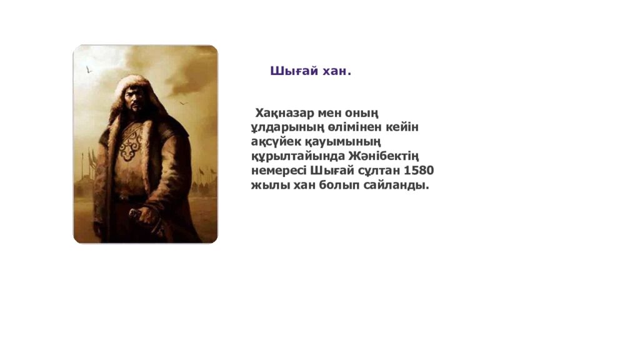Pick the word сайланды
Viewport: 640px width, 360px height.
[x=400, y=185]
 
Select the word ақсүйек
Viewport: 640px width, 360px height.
[x=275, y=141]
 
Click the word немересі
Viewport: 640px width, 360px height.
[x=279, y=170]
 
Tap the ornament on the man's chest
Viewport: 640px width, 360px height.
[x=134, y=145]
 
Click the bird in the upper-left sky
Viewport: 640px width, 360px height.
[x=89, y=71]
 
